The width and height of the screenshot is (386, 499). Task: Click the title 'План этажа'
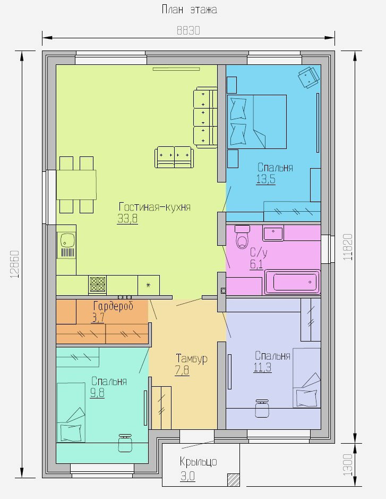(190, 9)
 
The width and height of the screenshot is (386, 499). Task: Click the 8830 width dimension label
(188, 30)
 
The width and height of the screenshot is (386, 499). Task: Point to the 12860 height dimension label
(15, 264)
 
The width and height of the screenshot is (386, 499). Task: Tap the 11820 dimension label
(348, 247)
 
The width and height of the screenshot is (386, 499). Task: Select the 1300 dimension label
(348, 464)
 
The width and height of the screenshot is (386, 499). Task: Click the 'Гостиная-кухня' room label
(155, 207)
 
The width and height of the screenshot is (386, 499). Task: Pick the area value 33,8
(127, 219)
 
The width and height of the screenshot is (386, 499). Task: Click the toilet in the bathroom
(243, 237)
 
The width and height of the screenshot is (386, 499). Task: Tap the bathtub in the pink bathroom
(292, 282)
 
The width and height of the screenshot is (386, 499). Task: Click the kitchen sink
(66, 245)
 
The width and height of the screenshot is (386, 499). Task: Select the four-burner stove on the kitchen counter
(98, 284)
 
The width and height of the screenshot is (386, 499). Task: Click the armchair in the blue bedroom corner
(308, 77)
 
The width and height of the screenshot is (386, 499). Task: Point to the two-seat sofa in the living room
(174, 157)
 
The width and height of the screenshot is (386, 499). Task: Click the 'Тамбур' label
(192, 359)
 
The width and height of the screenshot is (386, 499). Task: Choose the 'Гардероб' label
(113, 306)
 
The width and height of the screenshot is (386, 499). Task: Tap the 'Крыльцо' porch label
(198, 461)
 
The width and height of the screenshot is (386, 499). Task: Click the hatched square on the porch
(234, 480)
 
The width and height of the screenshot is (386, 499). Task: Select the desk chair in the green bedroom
(125, 443)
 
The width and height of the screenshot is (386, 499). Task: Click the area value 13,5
(265, 179)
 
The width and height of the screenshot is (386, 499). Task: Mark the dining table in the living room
(76, 185)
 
